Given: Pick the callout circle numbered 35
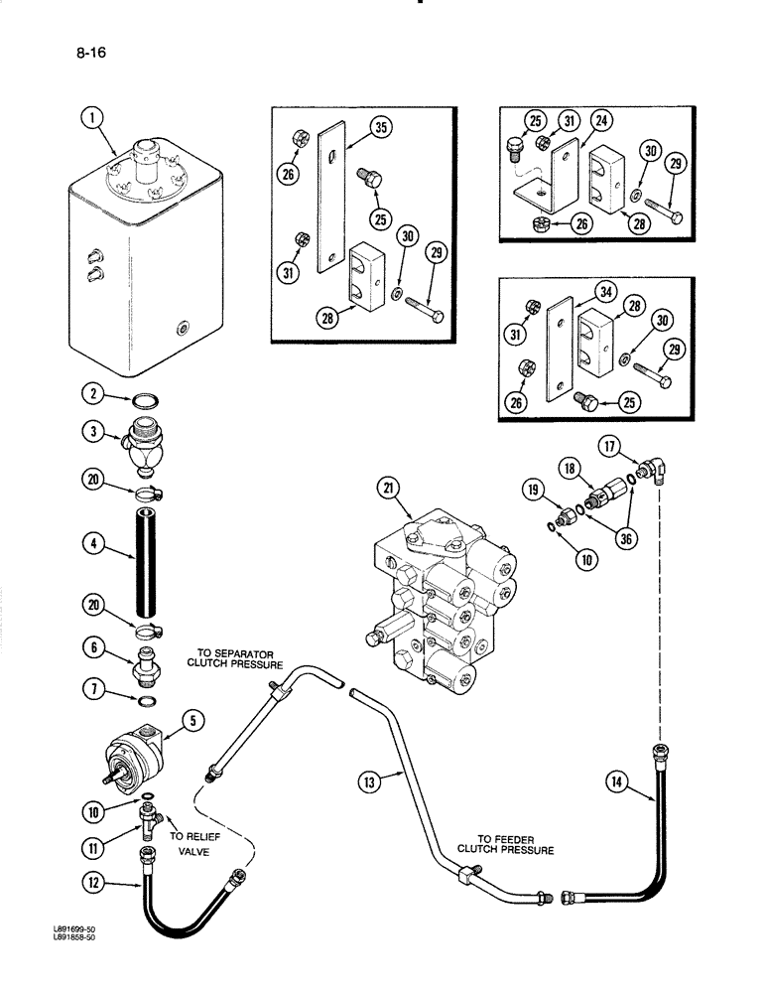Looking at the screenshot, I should pos(379,126).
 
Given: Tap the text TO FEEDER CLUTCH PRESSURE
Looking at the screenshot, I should pos(506,843).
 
